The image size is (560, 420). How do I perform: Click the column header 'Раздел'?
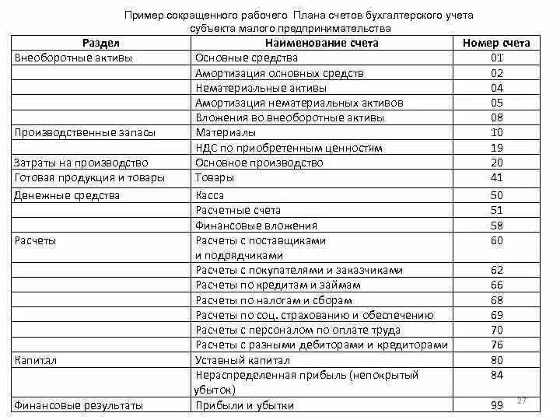(x=103, y=43)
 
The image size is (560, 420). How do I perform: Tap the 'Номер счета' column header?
(x=495, y=43)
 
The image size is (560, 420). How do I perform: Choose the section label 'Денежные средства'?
(x=67, y=195)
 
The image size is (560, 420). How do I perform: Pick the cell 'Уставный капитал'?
(x=243, y=360)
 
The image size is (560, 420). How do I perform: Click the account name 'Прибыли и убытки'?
(x=244, y=405)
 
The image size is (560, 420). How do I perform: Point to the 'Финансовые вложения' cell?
(x=256, y=226)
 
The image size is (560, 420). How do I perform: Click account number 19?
(x=497, y=147)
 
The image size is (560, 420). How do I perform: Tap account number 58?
(x=497, y=226)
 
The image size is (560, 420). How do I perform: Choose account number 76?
(x=497, y=345)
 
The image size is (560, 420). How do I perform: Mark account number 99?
(x=497, y=405)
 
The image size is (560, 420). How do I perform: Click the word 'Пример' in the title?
(x=145, y=16)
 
